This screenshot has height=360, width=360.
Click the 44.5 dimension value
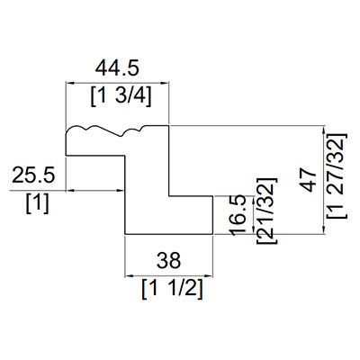[117, 68]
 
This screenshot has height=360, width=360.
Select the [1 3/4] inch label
[121, 97]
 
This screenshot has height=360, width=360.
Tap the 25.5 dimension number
[33, 175]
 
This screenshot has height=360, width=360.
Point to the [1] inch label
[38, 204]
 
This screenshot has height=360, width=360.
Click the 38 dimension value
[168, 260]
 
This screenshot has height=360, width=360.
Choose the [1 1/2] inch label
[172, 289]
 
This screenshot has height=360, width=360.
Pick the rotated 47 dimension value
[309, 180]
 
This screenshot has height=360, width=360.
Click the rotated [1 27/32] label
[337, 175]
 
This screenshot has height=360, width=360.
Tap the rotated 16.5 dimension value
[238, 216]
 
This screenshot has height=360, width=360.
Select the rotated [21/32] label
[266, 211]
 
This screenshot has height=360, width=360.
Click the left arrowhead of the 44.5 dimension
[69, 84]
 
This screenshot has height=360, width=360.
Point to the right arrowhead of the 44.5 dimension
[166, 84]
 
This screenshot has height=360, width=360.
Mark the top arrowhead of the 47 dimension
[324, 130]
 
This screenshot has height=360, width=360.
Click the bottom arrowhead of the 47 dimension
[324, 229]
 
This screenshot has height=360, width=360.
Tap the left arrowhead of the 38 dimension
[129, 276]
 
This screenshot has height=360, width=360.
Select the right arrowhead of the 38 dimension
[209, 276]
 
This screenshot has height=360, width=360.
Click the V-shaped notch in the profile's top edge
[121, 137]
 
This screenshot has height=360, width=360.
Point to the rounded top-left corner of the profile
[68, 129]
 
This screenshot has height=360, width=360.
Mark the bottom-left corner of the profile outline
[125, 234]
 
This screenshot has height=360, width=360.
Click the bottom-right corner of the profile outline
[213, 234]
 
